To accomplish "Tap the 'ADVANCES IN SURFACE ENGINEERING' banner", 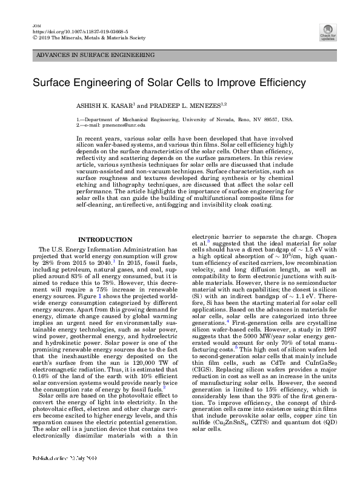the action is click(95, 55).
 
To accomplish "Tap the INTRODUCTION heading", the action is click(105, 239).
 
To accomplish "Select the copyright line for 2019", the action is click(90, 37).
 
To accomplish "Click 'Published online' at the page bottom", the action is click(54, 475).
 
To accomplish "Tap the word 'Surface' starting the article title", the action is click(53, 82).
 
